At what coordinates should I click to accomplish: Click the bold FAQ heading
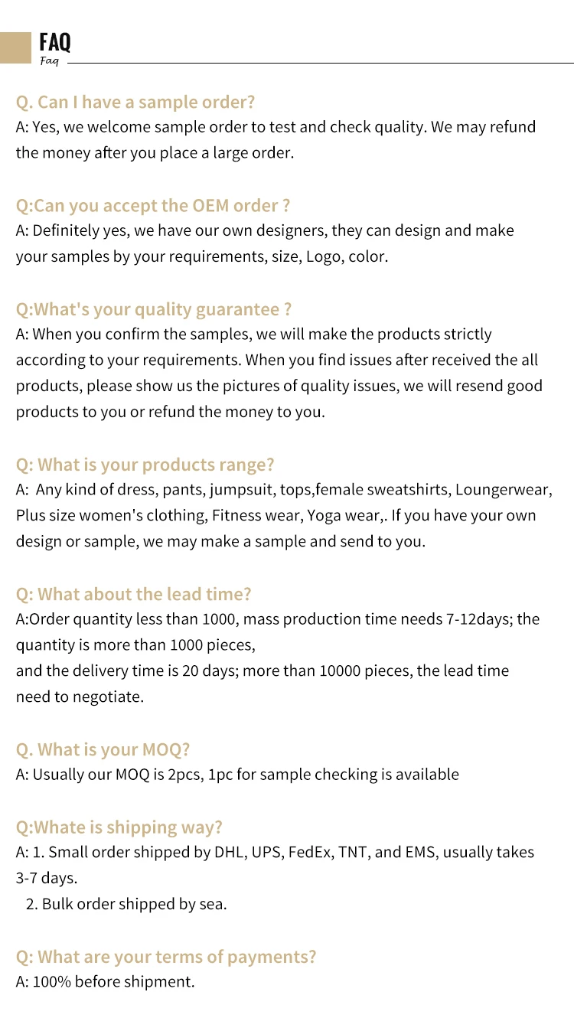(54, 41)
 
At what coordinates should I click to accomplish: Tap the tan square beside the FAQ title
(15, 47)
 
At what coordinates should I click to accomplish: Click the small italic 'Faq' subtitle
(49, 61)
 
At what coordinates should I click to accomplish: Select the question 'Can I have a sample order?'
(135, 102)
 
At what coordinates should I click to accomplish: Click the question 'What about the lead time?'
(134, 594)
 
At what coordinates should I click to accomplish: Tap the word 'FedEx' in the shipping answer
(308, 852)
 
